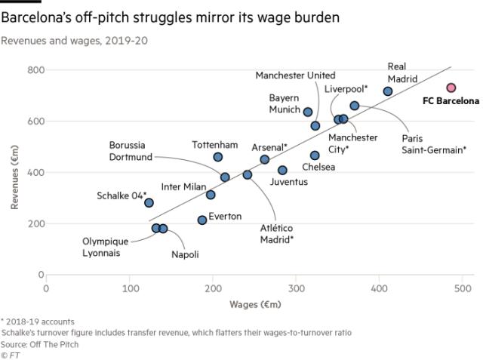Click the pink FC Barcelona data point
[451, 88]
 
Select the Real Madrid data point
[388, 91]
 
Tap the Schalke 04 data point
[149, 203]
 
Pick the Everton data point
[202, 220]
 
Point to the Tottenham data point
[218, 157]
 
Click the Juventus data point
[282, 171]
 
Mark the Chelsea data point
[315, 155]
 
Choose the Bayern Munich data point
[307, 112]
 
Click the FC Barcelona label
[451, 100]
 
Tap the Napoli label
[185, 254]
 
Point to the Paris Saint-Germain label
[433, 144]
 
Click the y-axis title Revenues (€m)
[15, 173]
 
